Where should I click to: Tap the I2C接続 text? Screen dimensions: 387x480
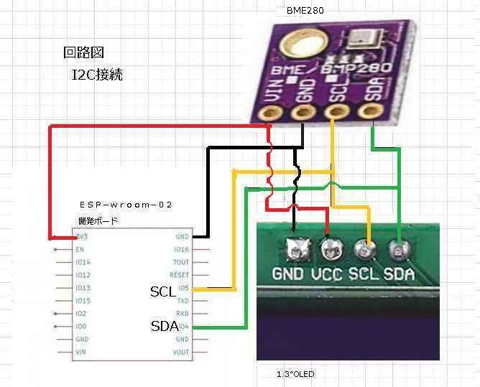tap(97, 74)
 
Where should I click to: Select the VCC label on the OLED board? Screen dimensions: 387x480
tap(327, 274)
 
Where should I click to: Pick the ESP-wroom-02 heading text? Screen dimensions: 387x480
tap(126, 205)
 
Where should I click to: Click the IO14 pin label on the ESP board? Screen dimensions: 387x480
tap(83, 262)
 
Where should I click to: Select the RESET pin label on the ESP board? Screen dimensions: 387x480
tap(179, 275)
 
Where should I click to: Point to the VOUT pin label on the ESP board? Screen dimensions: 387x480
tap(180, 353)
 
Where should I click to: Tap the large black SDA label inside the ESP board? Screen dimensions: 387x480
tap(164, 326)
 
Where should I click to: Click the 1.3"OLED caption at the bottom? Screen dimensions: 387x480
tap(295, 374)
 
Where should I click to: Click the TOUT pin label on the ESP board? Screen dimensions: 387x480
tap(181, 262)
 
